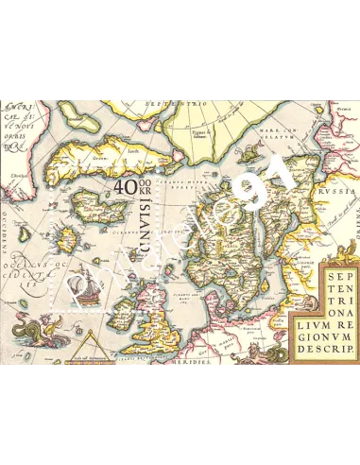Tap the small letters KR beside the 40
[x=145, y=196]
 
